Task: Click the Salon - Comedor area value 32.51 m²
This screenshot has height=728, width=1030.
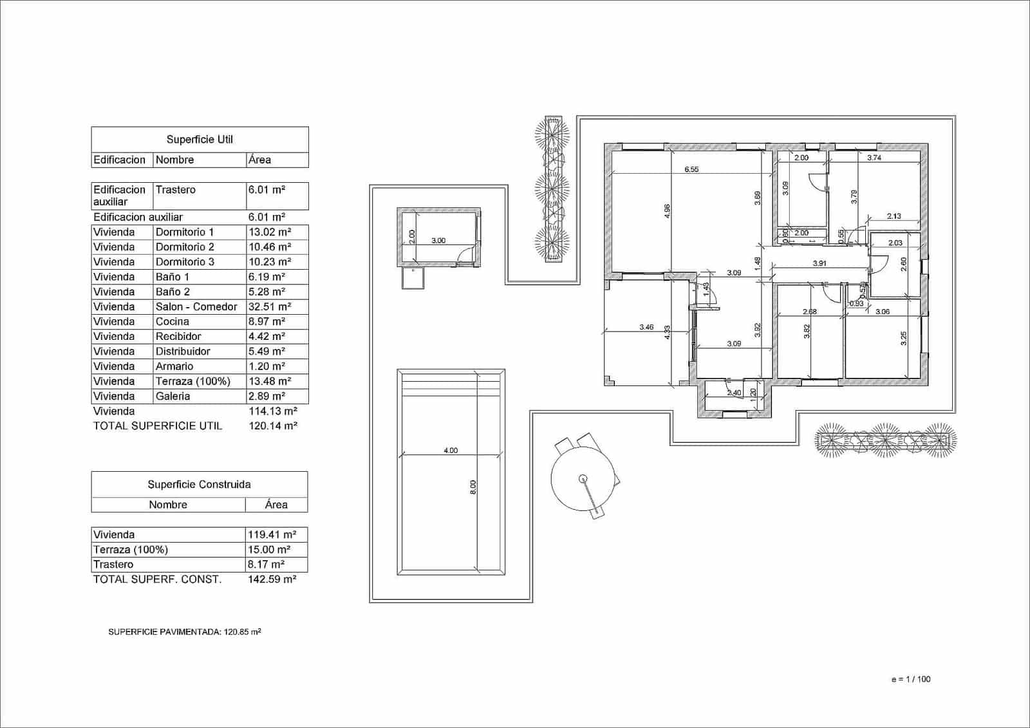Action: pos(269,306)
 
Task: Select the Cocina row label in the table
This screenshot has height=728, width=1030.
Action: pos(172,321)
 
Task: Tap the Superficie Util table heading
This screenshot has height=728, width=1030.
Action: pos(200,139)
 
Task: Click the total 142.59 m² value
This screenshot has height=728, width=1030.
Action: pos(272,579)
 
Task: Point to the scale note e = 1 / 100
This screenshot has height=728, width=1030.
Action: pos(910,679)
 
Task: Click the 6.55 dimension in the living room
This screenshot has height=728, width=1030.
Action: pos(691,169)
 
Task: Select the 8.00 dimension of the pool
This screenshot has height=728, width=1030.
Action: pos(473,487)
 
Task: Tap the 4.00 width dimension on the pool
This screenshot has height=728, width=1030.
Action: pos(451,451)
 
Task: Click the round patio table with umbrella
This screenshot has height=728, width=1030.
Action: pos(583,478)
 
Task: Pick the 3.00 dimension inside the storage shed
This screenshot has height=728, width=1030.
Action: pos(438,240)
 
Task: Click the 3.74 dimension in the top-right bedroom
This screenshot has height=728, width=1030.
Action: pos(874,158)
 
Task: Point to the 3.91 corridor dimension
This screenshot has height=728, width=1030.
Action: pos(819,263)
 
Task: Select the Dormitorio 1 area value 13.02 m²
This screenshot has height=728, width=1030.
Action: pos(269,232)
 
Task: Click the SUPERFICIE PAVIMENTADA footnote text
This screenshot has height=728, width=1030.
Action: pos(185,632)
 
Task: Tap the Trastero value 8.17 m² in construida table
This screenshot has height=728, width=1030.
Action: pos(266,564)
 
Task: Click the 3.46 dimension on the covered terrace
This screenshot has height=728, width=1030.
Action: pos(646,327)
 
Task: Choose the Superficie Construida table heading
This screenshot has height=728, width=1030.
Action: pos(199,484)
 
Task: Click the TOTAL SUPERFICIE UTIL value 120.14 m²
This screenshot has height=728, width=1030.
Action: pos(272,425)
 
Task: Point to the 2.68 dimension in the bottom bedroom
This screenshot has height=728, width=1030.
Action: pos(809,312)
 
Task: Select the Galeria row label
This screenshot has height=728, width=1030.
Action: pos(173,396)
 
